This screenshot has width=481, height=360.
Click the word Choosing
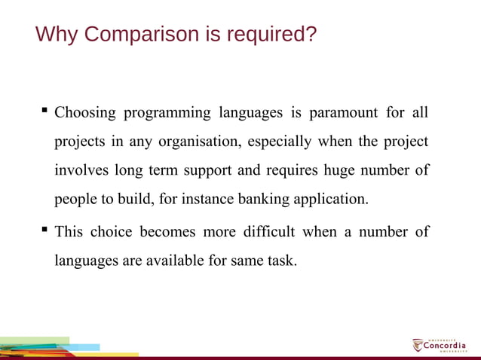[x=85, y=113]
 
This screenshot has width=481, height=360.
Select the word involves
[x=81, y=170]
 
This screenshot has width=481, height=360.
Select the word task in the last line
[x=281, y=261]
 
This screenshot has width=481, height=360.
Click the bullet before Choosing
[x=44, y=111]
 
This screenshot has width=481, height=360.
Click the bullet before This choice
[x=44, y=230]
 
